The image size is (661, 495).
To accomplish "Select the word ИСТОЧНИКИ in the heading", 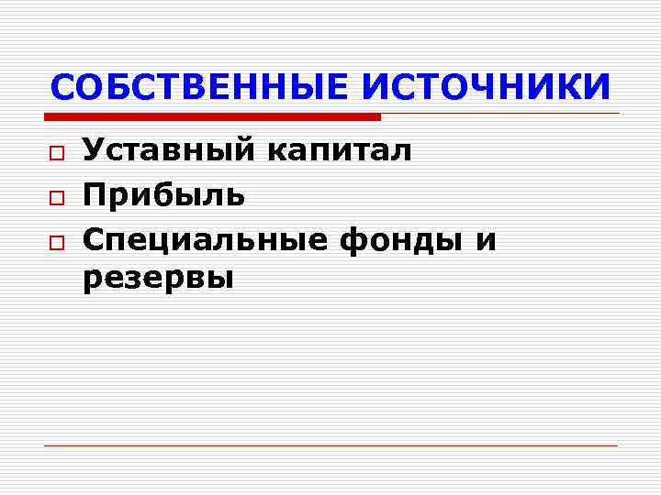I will (x=487, y=87).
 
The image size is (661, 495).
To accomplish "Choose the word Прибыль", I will (x=163, y=194).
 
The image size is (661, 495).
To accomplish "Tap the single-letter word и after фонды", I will (x=486, y=241).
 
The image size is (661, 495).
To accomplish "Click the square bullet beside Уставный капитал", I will (x=57, y=152).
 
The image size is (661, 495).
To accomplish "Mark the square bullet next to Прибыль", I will (x=57, y=196).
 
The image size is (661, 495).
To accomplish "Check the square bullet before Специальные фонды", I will (x=57, y=240).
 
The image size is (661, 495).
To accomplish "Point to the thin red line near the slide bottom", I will (x=330, y=445).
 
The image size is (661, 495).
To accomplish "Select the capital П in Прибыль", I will (x=95, y=194).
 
